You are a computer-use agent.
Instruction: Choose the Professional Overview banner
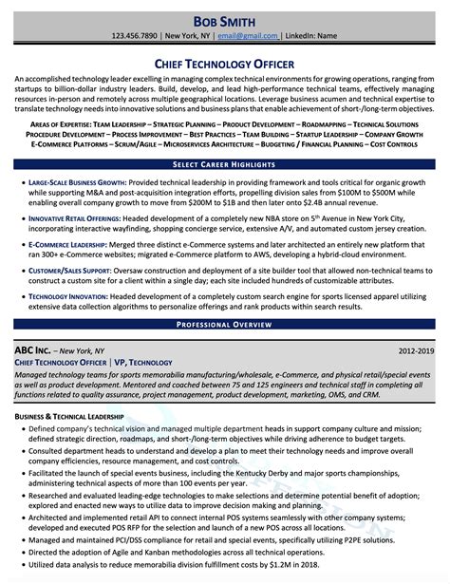[x=225, y=326]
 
